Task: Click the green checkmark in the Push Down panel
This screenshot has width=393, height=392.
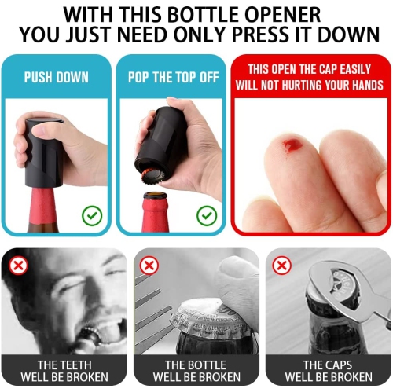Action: pos(93,214)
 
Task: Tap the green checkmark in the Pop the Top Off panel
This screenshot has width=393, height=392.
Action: pos(207,214)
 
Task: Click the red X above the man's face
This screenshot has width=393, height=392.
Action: pos(18,266)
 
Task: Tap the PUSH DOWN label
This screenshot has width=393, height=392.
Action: pos(56,78)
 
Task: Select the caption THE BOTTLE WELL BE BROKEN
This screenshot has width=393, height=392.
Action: pos(196,371)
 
